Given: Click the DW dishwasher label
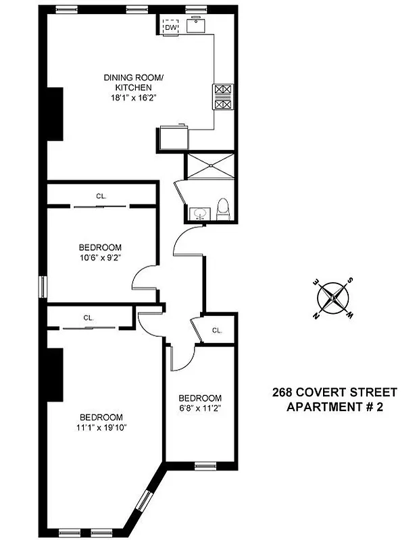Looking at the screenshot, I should tap(170, 27).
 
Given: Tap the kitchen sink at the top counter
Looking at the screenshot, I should tap(198, 26).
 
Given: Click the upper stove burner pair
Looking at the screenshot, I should tap(223, 90).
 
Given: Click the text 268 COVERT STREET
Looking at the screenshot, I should tap(335, 392).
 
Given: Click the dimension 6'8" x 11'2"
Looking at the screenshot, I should tap(199, 408).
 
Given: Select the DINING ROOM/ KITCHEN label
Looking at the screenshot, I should tap(133, 82).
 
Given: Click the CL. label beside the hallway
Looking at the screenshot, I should tap(217, 330).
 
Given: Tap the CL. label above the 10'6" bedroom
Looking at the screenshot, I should tap(101, 196).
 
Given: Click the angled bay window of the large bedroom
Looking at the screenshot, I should tap(144, 502).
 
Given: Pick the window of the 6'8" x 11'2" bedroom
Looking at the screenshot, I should tap(203, 466).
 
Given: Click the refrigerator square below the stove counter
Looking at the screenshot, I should tap(173, 140).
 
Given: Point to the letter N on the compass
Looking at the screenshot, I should tap(316, 315).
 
